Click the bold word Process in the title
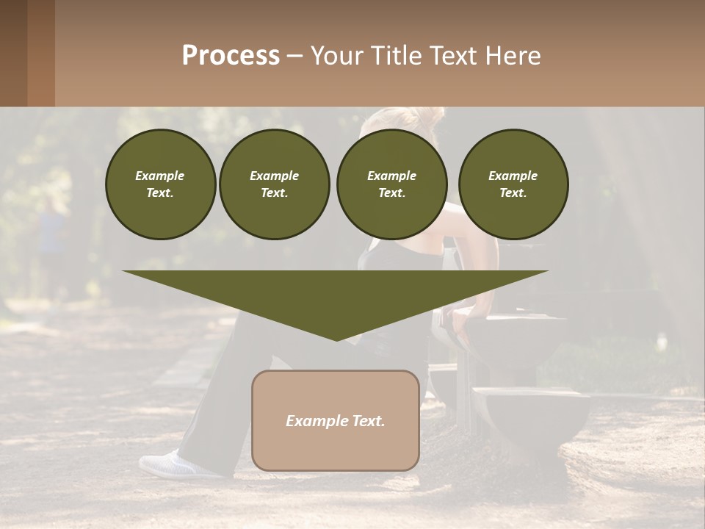[x=231, y=56]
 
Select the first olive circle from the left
[x=160, y=184]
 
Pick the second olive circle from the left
[x=274, y=184]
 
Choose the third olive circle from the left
[x=391, y=184]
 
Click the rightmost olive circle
[x=513, y=184]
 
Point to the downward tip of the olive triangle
[x=336, y=339]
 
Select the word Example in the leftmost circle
[x=160, y=176]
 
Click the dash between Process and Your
[x=295, y=56]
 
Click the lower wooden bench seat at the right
[x=530, y=400]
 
